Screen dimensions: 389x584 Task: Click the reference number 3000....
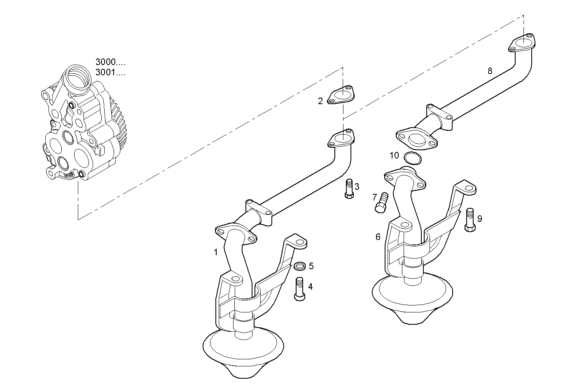click(x=110, y=63)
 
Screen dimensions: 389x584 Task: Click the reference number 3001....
click(x=110, y=73)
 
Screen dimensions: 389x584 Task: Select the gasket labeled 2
click(x=341, y=95)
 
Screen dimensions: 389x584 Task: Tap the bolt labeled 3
click(x=348, y=189)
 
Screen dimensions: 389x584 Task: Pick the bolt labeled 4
click(x=299, y=289)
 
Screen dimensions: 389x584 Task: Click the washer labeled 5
click(x=300, y=266)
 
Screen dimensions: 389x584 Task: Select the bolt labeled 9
click(x=470, y=220)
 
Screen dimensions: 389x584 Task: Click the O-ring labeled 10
click(x=413, y=158)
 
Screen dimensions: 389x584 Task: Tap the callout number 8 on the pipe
click(x=490, y=71)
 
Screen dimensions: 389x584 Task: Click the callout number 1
click(x=215, y=252)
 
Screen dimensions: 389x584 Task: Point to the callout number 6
click(x=378, y=237)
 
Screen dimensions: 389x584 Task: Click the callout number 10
click(x=394, y=155)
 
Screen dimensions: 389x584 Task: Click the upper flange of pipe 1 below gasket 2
click(x=341, y=138)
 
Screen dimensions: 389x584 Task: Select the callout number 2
click(x=320, y=101)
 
